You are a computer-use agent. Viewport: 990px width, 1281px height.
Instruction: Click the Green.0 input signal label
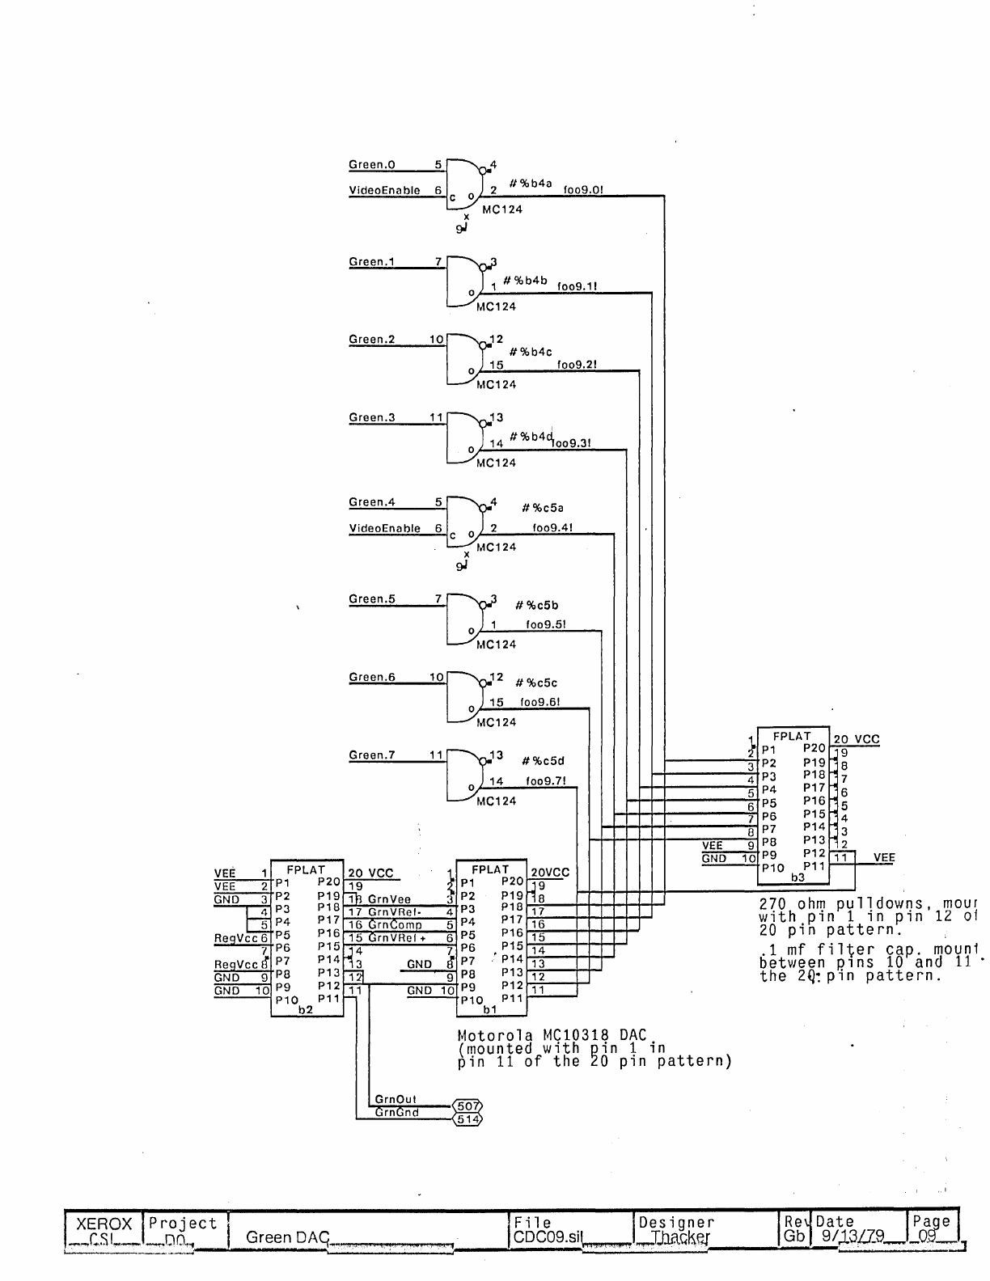(x=371, y=165)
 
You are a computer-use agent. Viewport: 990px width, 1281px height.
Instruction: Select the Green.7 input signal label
(x=371, y=755)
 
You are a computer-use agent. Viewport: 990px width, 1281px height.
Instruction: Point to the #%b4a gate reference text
(x=530, y=184)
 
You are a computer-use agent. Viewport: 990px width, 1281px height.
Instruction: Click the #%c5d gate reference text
(x=543, y=761)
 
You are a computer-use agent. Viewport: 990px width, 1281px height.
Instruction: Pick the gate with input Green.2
(x=465, y=358)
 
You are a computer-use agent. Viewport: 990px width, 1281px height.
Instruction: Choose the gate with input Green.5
(x=465, y=618)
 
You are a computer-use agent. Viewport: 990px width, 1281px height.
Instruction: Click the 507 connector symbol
(x=467, y=1106)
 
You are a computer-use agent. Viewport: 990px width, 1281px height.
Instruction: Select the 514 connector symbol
(x=467, y=1119)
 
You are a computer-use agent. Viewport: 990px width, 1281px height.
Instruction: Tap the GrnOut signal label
(x=396, y=1100)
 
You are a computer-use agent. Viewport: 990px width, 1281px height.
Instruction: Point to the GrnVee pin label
(x=389, y=899)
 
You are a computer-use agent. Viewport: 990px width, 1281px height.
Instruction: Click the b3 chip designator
(x=797, y=877)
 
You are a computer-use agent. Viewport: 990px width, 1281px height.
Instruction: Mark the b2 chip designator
(x=305, y=1010)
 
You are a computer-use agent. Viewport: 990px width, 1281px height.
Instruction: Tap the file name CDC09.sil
(x=547, y=1237)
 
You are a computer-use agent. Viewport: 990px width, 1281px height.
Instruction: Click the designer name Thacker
(x=679, y=1237)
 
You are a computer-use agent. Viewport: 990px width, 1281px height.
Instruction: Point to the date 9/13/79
(x=852, y=1236)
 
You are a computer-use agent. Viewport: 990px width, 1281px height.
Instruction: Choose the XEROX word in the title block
(x=104, y=1224)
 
